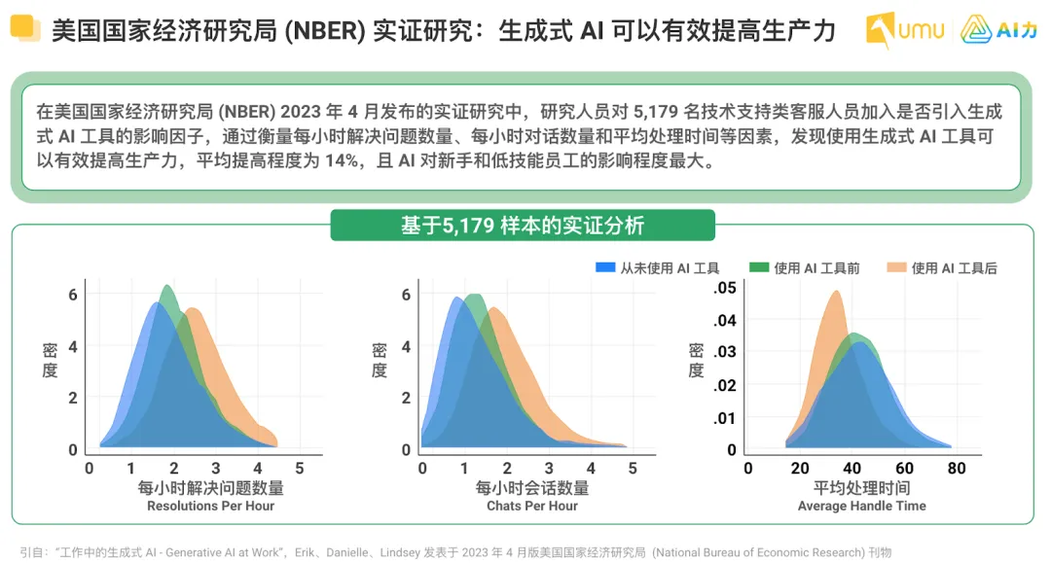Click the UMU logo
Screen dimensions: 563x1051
tap(905, 30)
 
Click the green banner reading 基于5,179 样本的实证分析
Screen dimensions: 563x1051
tap(523, 226)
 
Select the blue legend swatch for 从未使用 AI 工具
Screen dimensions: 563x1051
tap(604, 268)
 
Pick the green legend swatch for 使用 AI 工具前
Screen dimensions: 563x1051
tap(759, 268)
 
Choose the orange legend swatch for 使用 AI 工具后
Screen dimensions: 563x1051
tap(896, 268)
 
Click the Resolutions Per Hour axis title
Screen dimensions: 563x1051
tap(210, 506)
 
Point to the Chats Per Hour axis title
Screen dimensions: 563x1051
tap(532, 506)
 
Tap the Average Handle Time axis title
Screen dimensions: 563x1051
tap(861, 506)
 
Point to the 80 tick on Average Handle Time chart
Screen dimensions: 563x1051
tap(957, 468)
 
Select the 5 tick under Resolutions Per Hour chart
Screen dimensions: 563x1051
tap(300, 468)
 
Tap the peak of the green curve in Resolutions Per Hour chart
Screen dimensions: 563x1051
tap(167, 286)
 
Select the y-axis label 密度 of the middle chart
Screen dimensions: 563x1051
tap(380, 361)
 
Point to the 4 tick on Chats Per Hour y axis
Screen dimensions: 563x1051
tap(407, 346)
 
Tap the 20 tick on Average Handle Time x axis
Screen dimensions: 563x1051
tap(800, 468)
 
